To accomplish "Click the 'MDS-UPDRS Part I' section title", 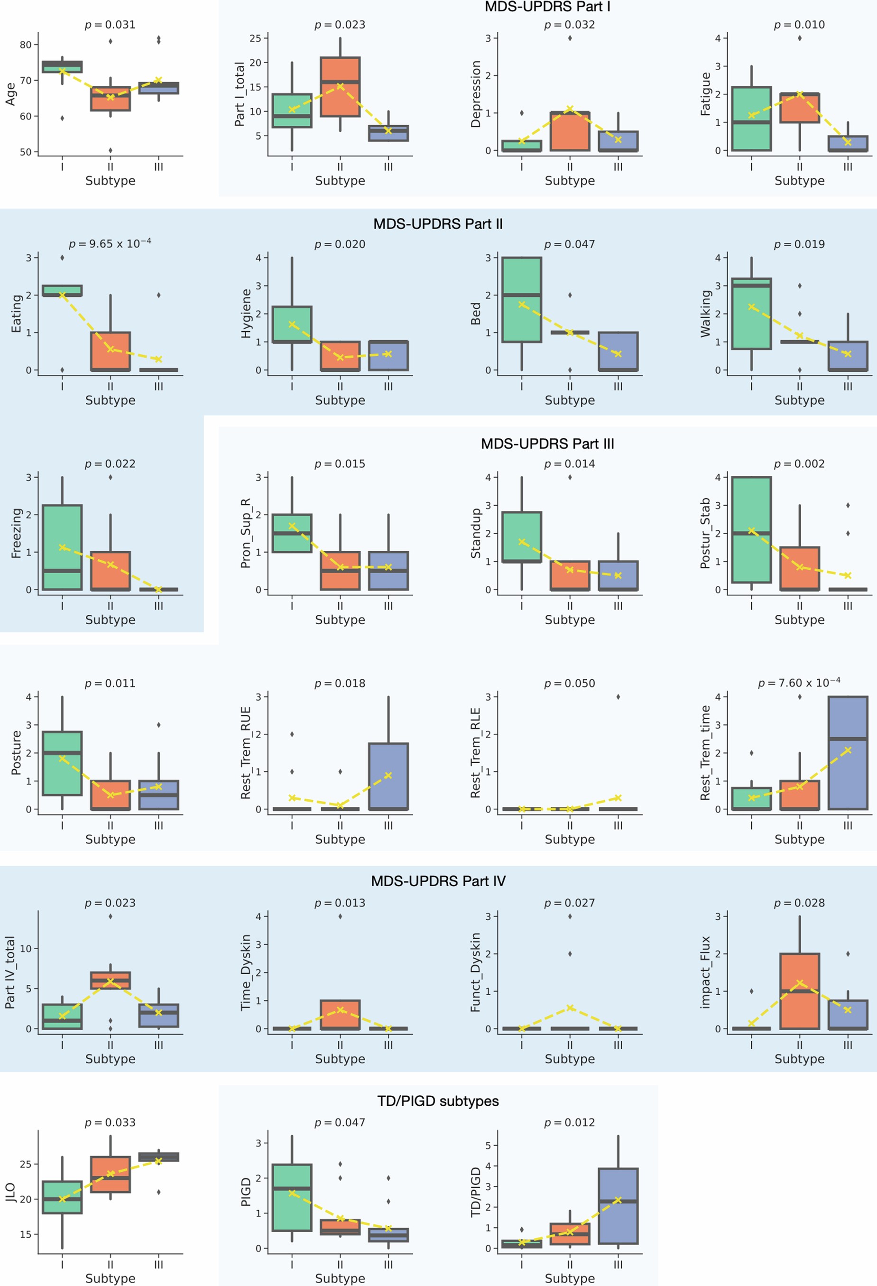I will pyautogui.click(x=547, y=7).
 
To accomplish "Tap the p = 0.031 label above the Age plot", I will pyautogui.click(x=110, y=25).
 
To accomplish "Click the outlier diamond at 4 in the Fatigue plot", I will pyautogui.click(x=800, y=38).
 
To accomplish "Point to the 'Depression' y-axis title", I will pyautogui.click(x=475, y=94).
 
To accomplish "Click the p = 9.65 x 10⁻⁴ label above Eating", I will pyautogui.click(x=110, y=243).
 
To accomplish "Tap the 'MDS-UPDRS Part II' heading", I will pyautogui.click(x=438, y=224).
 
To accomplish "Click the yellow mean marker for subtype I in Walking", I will pyautogui.click(x=751, y=306).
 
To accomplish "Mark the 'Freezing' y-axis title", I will pyautogui.click(x=17, y=533).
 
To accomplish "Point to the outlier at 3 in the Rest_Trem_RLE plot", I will pyautogui.click(x=618, y=697).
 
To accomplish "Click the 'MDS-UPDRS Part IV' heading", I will pyautogui.click(x=438, y=881).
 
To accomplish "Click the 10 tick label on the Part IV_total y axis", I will pyautogui.click(x=26, y=948).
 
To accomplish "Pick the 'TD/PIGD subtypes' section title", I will pyautogui.click(x=438, y=1101).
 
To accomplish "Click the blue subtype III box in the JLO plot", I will pyautogui.click(x=159, y=1156).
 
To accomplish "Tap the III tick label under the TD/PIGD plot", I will pyautogui.click(x=618, y=1265).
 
